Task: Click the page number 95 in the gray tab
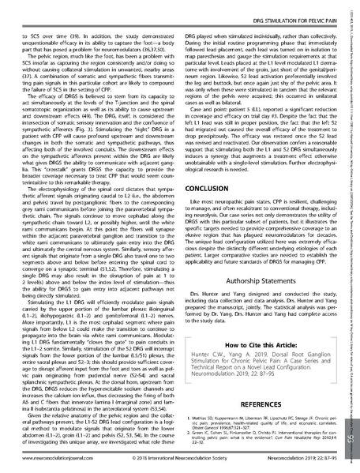[x=347, y=437]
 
